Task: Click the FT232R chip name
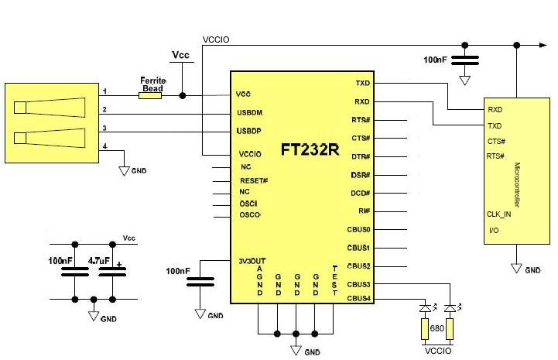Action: point(310,149)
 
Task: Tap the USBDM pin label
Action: point(252,113)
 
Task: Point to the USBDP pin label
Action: point(252,132)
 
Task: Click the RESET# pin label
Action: point(254,180)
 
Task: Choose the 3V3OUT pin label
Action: point(253,260)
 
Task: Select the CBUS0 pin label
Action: point(358,229)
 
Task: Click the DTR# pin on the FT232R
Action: point(361,156)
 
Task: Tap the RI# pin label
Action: point(363,211)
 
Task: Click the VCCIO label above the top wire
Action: point(215,39)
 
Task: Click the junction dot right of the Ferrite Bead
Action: point(182,95)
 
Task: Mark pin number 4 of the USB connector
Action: point(104,147)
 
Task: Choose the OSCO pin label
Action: point(250,214)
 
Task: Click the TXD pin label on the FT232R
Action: point(362,83)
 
